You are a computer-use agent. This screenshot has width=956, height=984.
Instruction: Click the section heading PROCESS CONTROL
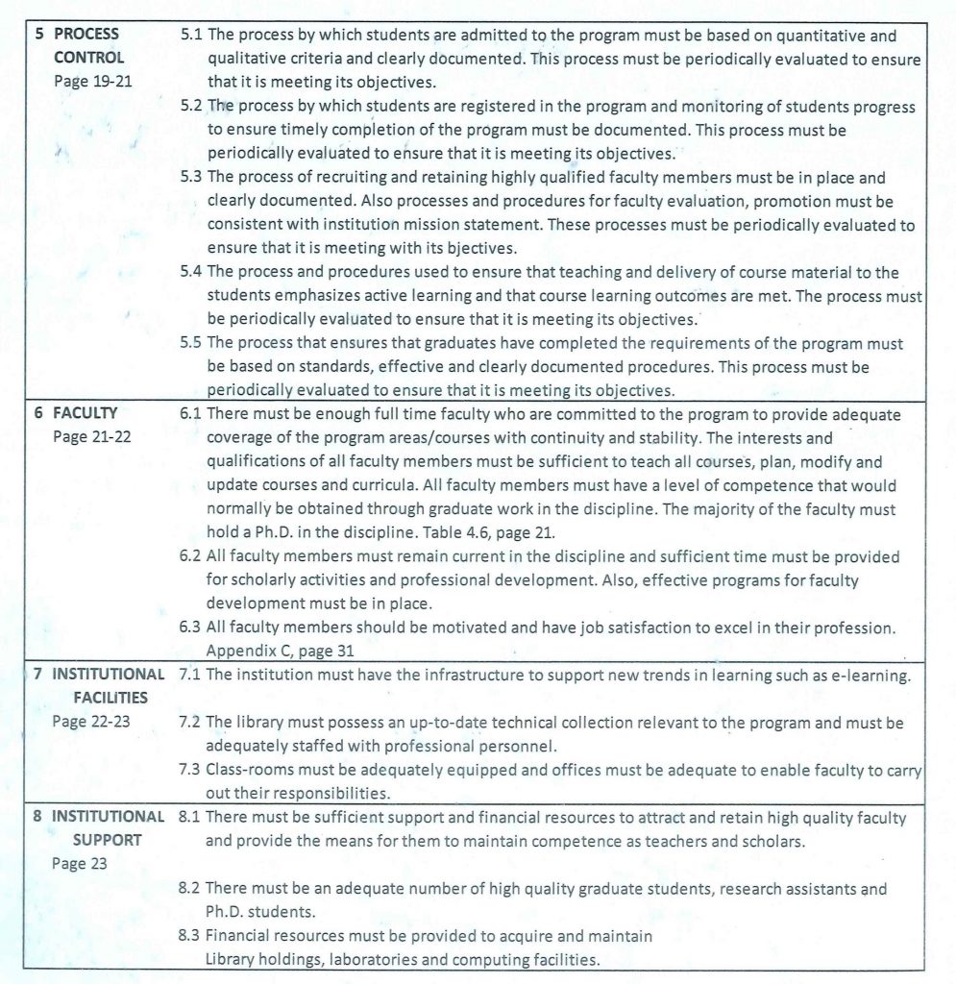[x=86, y=45]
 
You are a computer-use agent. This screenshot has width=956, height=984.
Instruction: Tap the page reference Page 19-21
[x=93, y=81]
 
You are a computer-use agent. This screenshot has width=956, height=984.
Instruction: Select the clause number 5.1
[x=191, y=37]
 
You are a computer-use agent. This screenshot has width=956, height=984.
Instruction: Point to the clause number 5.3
[x=191, y=178]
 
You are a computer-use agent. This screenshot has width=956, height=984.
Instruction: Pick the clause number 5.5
[x=191, y=343]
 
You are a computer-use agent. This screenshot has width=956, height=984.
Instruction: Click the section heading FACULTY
[x=85, y=413]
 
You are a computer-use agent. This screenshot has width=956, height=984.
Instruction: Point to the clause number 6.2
[x=191, y=556]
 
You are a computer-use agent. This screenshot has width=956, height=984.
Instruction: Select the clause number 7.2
[x=191, y=722]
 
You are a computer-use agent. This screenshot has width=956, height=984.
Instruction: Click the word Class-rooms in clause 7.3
[x=244, y=770]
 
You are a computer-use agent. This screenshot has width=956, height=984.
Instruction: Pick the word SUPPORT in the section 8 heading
[x=108, y=840]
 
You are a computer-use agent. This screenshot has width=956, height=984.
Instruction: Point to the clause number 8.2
[x=191, y=890]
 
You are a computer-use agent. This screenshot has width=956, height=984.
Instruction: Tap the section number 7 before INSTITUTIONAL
[x=37, y=674]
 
